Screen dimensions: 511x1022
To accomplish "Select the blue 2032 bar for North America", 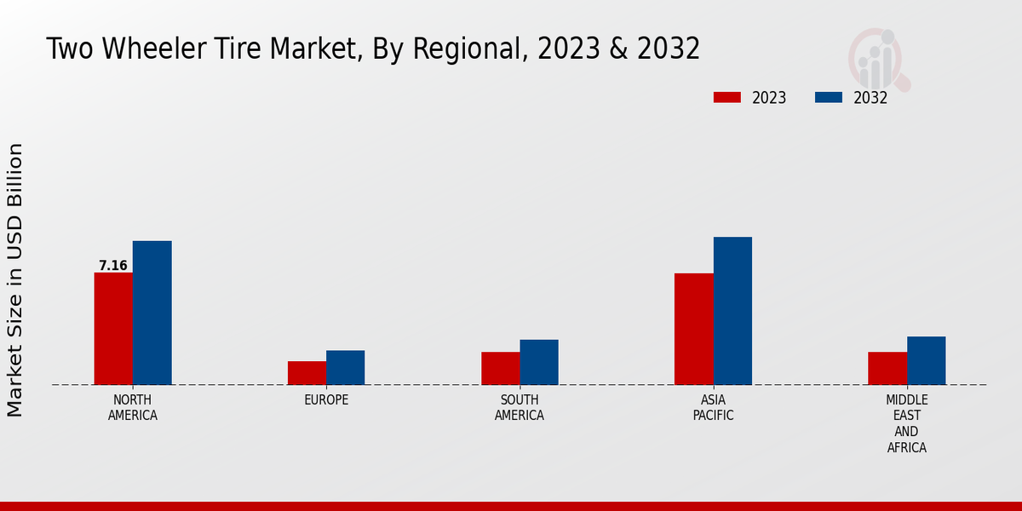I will tap(152, 313).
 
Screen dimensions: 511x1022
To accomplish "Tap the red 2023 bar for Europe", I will tap(307, 373).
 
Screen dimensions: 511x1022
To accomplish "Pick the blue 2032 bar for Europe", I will tap(345, 368).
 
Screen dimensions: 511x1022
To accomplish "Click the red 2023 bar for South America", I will tap(500, 368).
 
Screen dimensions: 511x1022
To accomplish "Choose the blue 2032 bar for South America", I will tap(539, 362).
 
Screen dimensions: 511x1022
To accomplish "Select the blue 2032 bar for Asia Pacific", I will tap(732, 311).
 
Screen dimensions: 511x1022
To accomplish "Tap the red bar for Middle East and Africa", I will tap(887, 368).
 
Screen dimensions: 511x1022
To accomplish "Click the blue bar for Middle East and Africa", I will tap(926, 360).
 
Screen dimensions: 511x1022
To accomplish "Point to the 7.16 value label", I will tap(113, 266).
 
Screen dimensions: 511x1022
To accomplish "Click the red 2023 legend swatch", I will tap(727, 98).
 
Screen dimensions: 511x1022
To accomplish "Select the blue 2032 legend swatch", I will tap(829, 98).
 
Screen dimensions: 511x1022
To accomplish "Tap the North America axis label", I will tap(133, 408).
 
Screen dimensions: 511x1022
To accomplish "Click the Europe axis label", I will tap(326, 400).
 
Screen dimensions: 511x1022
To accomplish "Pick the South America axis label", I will tap(520, 408).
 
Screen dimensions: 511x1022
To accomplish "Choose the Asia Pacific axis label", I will tap(713, 408).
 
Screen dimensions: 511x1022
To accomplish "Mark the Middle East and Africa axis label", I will tap(907, 423).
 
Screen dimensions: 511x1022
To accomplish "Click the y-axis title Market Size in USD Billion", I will tap(15, 280).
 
